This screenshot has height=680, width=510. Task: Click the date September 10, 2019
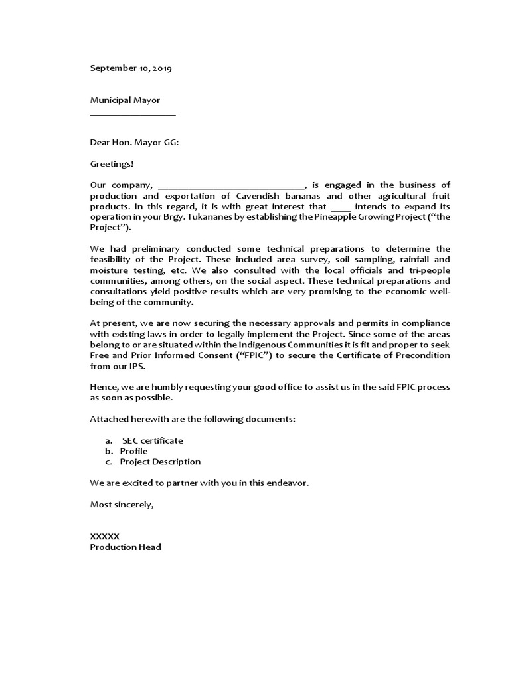(x=131, y=68)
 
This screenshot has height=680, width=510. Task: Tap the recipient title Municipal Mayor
(x=125, y=100)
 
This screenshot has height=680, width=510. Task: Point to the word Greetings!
(x=112, y=163)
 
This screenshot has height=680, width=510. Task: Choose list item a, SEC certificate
(x=152, y=440)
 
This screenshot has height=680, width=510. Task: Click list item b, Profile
(x=133, y=451)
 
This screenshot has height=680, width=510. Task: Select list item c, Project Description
(x=160, y=462)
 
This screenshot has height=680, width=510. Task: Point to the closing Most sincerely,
(x=122, y=504)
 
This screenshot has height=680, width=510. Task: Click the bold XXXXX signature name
(x=105, y=536)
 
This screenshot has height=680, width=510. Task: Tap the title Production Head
(x=126, y=547)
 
